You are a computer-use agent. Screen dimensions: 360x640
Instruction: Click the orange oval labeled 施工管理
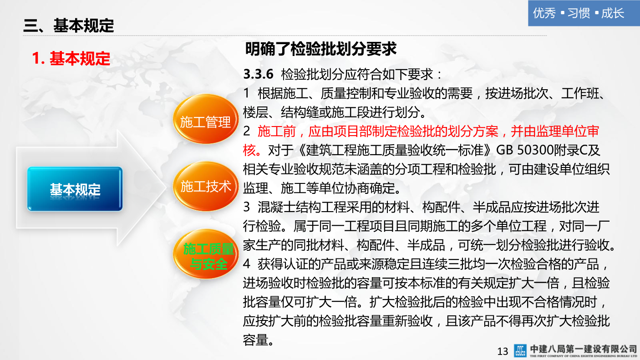[206, 122]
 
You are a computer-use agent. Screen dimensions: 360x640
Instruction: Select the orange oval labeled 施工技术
[206, 187]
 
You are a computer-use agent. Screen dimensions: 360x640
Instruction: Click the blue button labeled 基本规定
[75, 189]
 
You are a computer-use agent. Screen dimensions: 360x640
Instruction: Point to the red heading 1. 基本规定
[71, 59]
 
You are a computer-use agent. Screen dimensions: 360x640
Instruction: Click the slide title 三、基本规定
[69, 26]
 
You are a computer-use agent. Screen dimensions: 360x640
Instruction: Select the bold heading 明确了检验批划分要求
[320, 49]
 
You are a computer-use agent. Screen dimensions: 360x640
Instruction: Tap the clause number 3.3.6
[258, 74]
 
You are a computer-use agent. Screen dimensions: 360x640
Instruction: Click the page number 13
[503, 351]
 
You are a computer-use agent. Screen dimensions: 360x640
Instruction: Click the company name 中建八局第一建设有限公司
[584, 348]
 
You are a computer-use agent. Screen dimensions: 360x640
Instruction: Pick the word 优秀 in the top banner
[544, 13]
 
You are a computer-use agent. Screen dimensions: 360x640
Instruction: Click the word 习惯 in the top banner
[579, 13]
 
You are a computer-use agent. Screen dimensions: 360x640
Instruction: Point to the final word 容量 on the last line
[256, 340]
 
